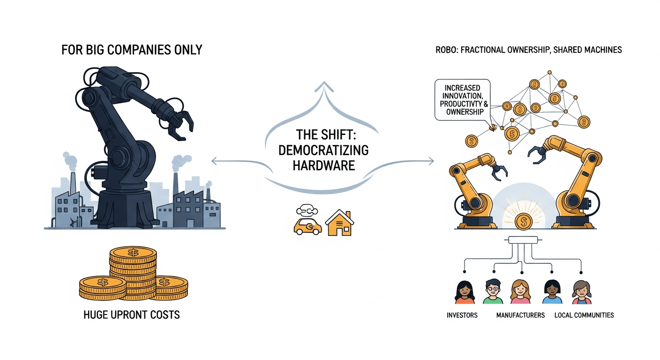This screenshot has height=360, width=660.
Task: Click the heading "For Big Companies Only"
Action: point(132,50)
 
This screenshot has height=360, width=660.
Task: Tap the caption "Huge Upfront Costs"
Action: point(132,314)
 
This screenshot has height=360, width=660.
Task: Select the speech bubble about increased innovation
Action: point(462,100)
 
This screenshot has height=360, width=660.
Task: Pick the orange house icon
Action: point(339,223)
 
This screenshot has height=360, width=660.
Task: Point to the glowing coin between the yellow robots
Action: point(523,220)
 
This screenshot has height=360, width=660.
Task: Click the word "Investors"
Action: point(462,315)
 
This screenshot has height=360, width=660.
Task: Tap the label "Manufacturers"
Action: point(520,315)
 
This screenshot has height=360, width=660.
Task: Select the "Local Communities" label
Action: point(584,315)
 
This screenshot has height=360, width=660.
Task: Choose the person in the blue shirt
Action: point(552,292)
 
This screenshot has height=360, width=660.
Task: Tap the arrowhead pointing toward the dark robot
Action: point(214,162)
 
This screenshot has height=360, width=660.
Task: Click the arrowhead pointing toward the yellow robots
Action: point(431,162)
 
